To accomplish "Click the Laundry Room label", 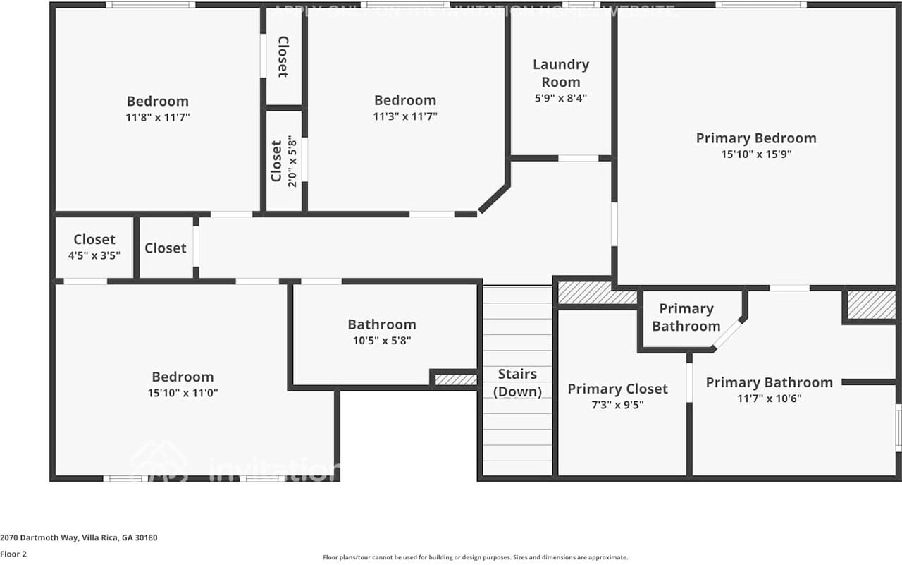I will pos(560,73).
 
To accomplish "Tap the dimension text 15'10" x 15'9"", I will pos(756,154).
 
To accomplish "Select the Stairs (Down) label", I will pos(517,383).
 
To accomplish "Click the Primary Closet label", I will pos(617,389).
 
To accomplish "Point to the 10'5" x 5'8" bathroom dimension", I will pos(381,341).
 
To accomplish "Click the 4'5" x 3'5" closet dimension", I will pos(94,255).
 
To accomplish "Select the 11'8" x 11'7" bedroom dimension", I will pos(157,117).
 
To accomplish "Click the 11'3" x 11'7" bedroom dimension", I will pos(404,117).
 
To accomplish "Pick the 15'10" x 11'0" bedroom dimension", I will pos(183,393).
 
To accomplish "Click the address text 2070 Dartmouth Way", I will pos(78,537).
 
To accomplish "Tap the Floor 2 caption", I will pos(13,554).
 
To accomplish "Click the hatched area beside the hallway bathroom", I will pos(455,380).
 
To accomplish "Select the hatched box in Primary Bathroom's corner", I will pos(871,305).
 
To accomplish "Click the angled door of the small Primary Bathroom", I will pos(727,333).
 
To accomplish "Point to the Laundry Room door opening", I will pos(578,158).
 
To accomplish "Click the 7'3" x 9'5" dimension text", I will pos(617,405).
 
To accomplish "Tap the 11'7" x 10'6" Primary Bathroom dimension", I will pos(769,399).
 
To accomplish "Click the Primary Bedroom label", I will pos(756,138).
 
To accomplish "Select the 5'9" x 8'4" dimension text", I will pos(560,98).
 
